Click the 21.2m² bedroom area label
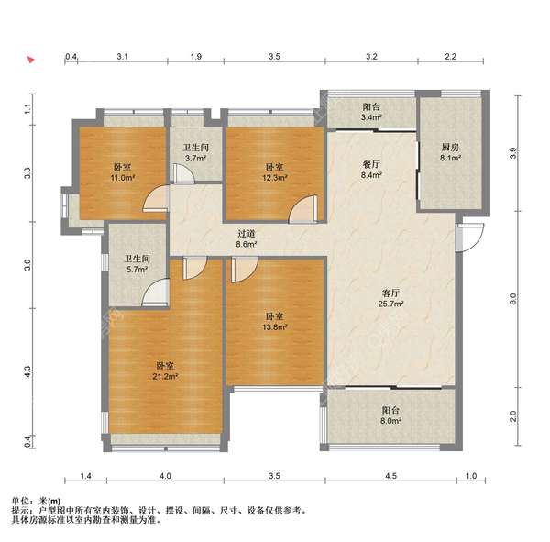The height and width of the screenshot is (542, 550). pos(165,371)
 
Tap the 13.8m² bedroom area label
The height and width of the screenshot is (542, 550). pos(275,322)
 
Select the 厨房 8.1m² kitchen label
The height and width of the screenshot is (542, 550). pos(450,153)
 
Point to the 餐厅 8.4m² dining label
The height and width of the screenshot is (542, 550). pos(371,170)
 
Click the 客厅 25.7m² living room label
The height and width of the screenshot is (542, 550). pos(390,298)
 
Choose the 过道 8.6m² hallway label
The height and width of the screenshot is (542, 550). pos(247,238)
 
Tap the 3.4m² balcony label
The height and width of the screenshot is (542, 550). pos(371,112)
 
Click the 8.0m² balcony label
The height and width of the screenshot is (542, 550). pos(390,415)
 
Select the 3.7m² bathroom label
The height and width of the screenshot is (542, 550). pos(196,153)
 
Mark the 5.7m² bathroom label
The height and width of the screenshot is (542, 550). pos(137,264)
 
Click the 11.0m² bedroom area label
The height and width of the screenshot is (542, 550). pos(123,172)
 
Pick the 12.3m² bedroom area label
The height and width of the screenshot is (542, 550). pos(275,172)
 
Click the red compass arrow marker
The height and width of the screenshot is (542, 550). pos(31,60)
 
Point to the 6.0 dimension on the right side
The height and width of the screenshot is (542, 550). pos(512,299)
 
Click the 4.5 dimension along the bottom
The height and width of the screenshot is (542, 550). pos(391,476)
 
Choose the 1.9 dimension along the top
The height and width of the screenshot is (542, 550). pos(196,57)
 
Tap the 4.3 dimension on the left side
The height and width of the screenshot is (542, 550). pos(27,372)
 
